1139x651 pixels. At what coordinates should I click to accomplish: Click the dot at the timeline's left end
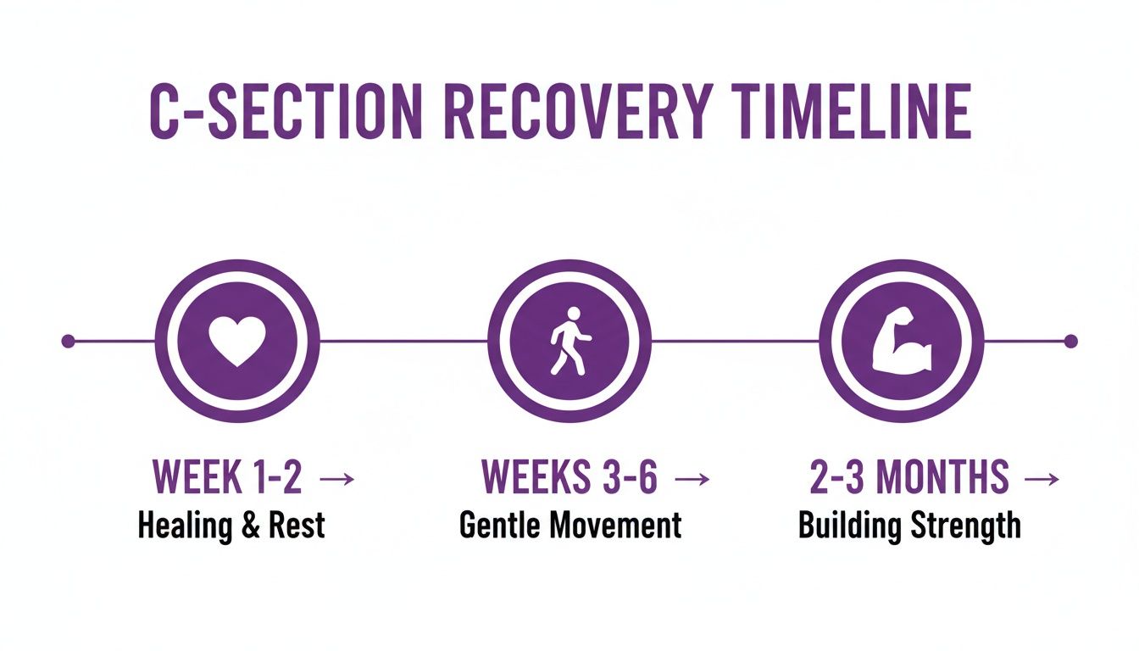click(69, 342)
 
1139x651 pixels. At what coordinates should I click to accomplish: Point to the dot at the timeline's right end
click(1070, 342)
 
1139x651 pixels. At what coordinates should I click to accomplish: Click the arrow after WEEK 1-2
click(336, 480)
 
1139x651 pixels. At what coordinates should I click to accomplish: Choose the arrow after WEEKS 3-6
click(692, 480)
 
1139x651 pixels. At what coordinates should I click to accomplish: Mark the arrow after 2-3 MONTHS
click(1042, 480)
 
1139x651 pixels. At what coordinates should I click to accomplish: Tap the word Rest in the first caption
click(297, 526)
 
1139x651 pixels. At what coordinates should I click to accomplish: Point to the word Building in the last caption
click(850, 526)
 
